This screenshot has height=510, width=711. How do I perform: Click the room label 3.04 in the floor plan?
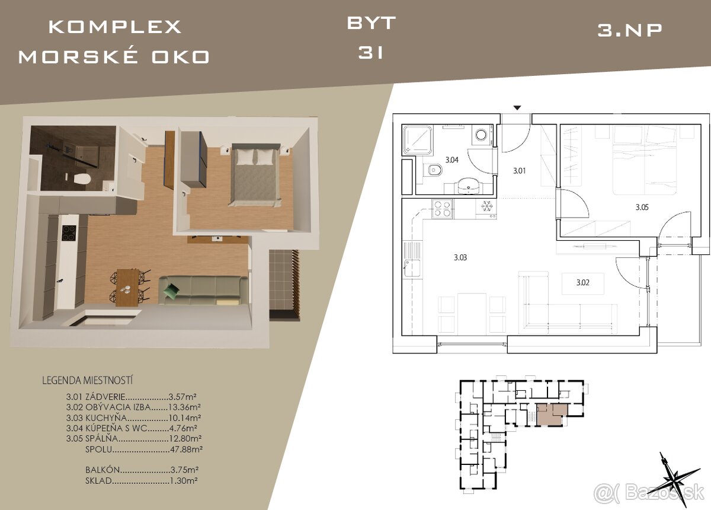coord(451,160)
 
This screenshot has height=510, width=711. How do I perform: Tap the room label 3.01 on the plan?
coord(519,171)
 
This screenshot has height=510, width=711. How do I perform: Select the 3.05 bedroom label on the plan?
coord(642,208)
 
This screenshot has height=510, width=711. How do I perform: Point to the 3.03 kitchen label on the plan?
coord(460,257)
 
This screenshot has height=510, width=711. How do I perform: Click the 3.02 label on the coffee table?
coord(583,282)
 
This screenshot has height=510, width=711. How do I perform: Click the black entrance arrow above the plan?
coord(517,108)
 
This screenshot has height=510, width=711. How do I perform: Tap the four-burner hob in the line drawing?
coord(442,209)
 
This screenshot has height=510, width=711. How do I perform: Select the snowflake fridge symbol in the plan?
coord(486,206)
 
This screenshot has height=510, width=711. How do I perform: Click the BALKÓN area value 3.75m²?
coord(184,470)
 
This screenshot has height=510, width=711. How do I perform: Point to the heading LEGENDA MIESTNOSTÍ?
coord(87,380)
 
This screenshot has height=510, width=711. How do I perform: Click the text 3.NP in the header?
coord(629,30)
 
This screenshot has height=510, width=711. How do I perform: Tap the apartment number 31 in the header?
coord(371,53)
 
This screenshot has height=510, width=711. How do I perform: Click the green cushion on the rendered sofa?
coord(171,290)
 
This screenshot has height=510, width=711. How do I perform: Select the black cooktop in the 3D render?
coord(69,234)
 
